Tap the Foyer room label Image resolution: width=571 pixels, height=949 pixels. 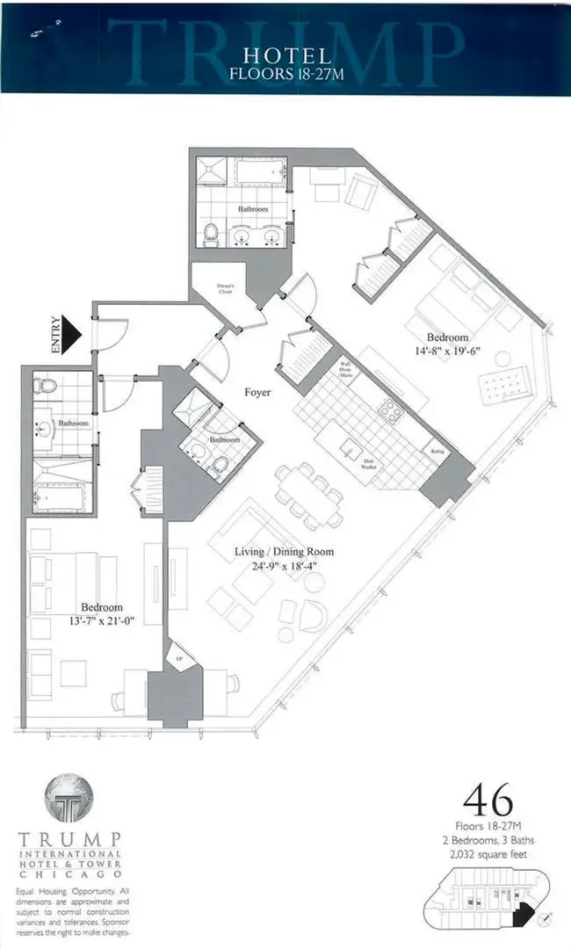(257, 394)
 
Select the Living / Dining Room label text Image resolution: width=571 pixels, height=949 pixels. (284, 552)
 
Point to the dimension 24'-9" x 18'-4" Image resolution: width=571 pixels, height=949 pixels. (284, 566)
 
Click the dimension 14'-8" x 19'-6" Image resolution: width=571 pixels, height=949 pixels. (448, 351)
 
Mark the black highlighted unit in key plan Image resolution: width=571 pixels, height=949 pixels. (524, 913)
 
